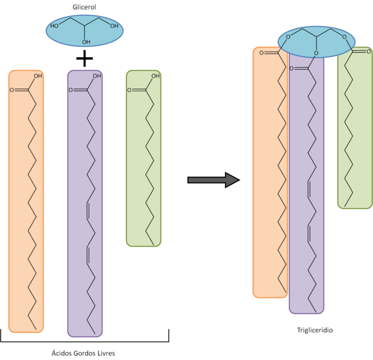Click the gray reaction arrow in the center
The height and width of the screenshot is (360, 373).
pyautogui.click(x=212, y=180)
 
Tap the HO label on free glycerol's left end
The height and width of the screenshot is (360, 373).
pyautogui.click(x=54, y=26)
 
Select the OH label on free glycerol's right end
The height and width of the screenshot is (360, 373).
pyautogui.click(x=114, y=26)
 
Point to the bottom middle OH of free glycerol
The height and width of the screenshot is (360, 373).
pyautogui.click(x=86, y=42)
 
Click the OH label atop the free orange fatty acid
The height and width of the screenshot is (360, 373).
pyautogui.click(x=38, y=76)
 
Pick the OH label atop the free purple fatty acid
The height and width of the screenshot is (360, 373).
pyautogui.click(x=96, y=76)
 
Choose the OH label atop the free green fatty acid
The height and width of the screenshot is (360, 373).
pyautogui.click(x=155, y=76)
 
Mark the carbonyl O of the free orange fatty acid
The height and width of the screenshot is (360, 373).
pyautogui.click(x=12, y=90)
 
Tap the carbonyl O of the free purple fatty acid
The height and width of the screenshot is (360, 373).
pyautogui.click(x=70, y=90)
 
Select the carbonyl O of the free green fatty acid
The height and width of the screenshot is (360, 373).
pyautogui.click(x=129, y=90)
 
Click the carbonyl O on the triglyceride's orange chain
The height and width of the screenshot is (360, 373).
pyautogui.click(x=262, y=53)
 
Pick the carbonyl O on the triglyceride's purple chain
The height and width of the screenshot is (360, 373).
pyautogui.click(x=291, y=69)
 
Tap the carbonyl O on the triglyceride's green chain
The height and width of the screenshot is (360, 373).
pyautogui.click(x=368, y=52)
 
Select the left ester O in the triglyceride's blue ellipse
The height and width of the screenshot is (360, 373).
pyautogui.click(x=288, y=37)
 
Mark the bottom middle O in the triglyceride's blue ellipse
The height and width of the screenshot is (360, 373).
pyautogui.click(x=316, y=53)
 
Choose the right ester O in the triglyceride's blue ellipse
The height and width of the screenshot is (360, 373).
pyautogui.click(x=344, y=37)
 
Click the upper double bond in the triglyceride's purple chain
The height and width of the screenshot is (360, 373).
pyautogui.click(x=310, y=190)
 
